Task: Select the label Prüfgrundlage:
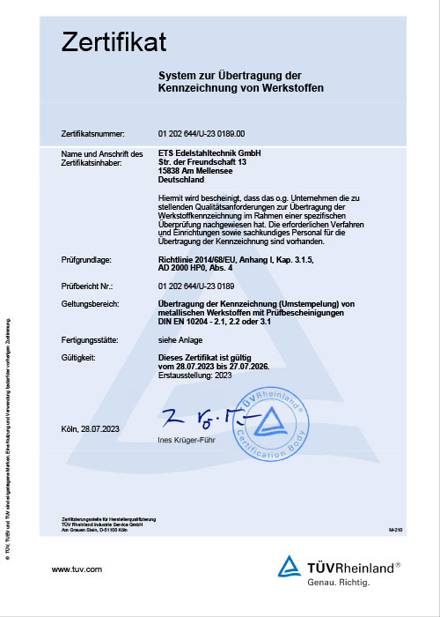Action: [86, 259]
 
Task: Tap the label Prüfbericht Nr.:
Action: [89, 286]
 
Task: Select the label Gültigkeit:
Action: [79, 358]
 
